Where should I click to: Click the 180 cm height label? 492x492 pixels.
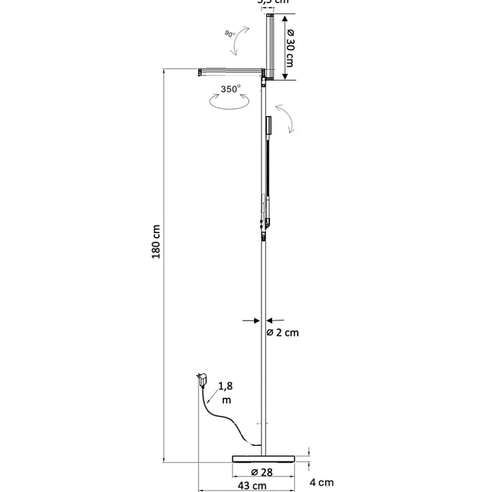pyautogui.click(x=156, y=242)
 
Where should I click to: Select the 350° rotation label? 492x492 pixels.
pyautogui.click(x=231, y=89)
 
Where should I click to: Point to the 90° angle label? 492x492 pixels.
pyautogui.click(x=230, y=34)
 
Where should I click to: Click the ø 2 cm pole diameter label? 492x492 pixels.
pyautogui.click(x=283, y=333)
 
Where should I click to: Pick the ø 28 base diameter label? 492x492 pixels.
pyautogui.click(x=262, y=472)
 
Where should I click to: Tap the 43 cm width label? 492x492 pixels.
pyautogui.click(x=253, y=485)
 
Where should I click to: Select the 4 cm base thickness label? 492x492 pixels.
pyautogui.click(x=322, y=482)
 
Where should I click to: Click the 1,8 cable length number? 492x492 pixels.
pyautogui.click(x=226, y=387)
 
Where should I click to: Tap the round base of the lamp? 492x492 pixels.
pyautogui.click(x=263, y=459)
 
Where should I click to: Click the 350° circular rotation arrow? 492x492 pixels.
pyautogui.click(x=230, y=101)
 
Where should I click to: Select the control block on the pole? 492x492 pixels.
pyautogui.click(x=266, y=223)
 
